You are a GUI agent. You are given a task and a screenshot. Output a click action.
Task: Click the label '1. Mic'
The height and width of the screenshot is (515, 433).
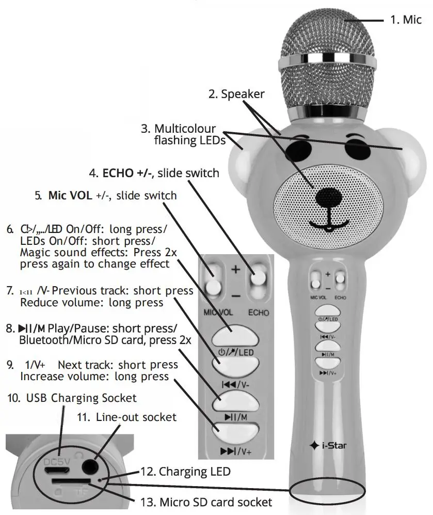tap(405, 20)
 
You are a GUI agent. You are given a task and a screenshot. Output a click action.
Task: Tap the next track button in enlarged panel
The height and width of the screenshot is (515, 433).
tap(235, 431)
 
